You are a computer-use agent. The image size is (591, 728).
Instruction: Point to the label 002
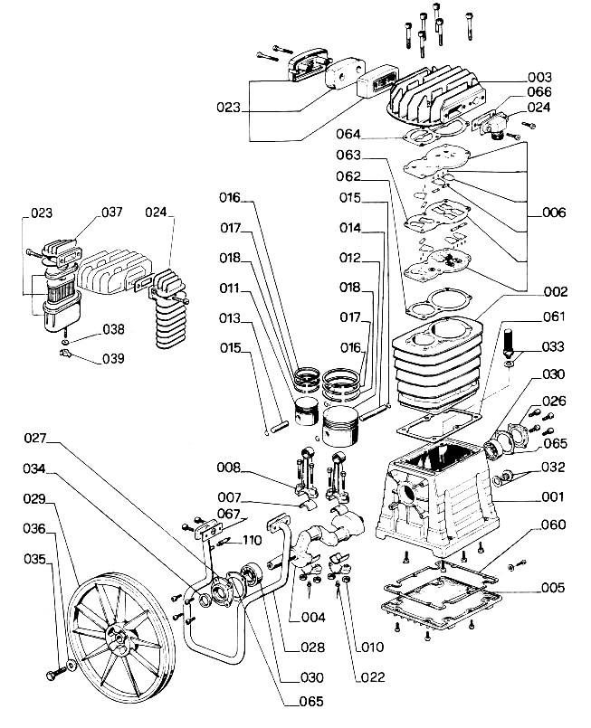click(x=555, y=291)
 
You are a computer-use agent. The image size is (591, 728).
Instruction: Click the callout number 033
click(x=553, y=347)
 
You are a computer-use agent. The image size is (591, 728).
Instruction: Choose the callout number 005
click(x=553, y=588)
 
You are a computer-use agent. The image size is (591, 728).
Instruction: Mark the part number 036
click(x=35, y=528)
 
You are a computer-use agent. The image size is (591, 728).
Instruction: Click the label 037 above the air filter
click(x=110, y=213)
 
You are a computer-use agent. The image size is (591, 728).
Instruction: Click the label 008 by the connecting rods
click(x=228, y=468)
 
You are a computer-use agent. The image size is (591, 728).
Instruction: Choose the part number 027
click(x=35, y=439)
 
